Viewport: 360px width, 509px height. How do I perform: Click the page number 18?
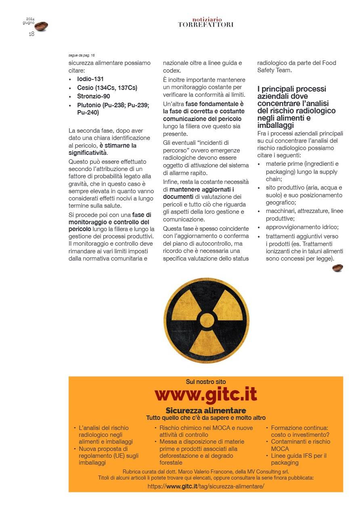pyautogui.click(x=31, y=34)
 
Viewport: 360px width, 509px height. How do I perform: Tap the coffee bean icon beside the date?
pyautogui.click(x=41, y=26)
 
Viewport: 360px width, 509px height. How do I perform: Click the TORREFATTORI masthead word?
pyautogui.click(x=206, y=25)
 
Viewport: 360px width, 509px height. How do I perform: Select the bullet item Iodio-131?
pyautogui.click(x=90, y=79)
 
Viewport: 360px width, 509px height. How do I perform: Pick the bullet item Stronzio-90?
pyautogui.click(x=93, y=96)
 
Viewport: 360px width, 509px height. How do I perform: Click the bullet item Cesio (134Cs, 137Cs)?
pyautogui.click(x=107, y=88)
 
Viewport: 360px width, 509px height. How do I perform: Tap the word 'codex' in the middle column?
pyautogui.click(x=171, y=70)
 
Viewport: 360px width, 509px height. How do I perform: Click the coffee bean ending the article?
pyautogui.click(x=337, y=268)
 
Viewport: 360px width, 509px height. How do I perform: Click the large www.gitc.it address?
pyautogui.click(x=206, y=394)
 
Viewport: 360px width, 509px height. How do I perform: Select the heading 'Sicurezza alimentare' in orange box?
pyautogui.click(x=206, y=411)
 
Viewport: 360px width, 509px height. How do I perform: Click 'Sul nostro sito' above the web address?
pyautogui.click(x=206, y=382)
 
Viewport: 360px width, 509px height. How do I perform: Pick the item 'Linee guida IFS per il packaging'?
pyautogui.click(x=298, y=459)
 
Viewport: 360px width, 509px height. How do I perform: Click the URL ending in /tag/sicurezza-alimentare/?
pyautogui.click(x=206, y=486)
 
